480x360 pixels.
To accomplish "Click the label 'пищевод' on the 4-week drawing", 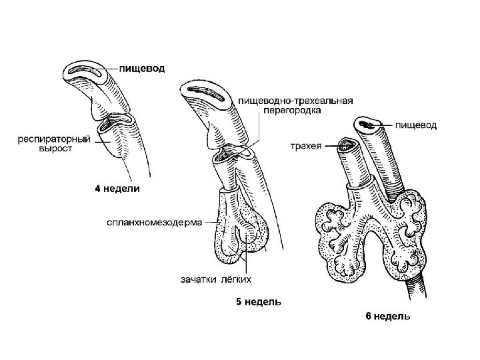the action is [x=143, y=68].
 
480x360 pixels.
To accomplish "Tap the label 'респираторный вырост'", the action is [x=45, y=144].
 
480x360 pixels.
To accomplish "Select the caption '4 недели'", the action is [x=117, y=189].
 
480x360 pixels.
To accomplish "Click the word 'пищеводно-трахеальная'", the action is [x=295, y=101].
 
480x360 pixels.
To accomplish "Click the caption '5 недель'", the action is [x=258, y=301].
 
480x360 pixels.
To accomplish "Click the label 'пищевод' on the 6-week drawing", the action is [x=416, y=125].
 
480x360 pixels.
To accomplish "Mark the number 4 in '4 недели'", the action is [x=97, y=189].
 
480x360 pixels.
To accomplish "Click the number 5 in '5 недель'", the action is [x=239, y=301].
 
